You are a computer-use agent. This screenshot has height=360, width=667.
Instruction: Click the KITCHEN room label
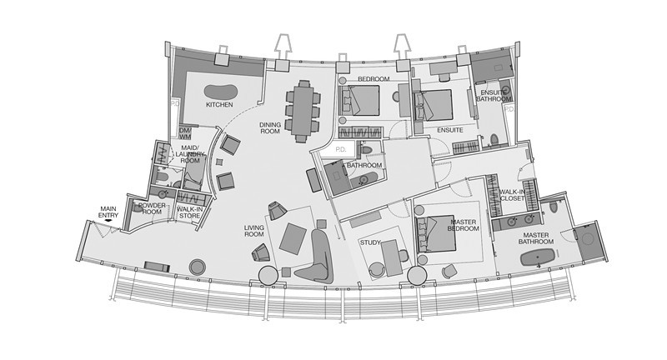click(219, 104)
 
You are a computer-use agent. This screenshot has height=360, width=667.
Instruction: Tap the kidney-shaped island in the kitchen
click(220, 91)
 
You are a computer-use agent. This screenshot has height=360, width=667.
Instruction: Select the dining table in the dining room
click(303, 111)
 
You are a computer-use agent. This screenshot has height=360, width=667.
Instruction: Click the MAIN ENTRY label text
click(108, 212)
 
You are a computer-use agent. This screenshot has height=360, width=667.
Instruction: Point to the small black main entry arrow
click(108, 221)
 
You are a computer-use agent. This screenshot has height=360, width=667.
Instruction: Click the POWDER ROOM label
click(152, 208)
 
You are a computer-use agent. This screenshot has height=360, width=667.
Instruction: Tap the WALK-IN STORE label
click(188, 212)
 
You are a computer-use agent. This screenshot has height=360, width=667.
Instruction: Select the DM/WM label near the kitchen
click(184, 133)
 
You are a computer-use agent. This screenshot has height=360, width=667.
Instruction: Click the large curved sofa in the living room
click(317, 257)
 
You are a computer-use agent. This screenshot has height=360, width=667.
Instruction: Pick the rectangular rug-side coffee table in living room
click(293, 239)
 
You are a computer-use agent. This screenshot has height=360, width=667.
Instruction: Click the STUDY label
click(370, 242)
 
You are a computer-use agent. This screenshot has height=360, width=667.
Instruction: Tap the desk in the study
click(392, 258)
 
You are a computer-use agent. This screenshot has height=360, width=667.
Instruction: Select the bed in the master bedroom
click(436, 234)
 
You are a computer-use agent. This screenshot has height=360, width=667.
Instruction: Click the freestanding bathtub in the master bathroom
click(538, 258)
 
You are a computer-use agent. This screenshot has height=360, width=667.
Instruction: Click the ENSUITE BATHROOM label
click(494, 96)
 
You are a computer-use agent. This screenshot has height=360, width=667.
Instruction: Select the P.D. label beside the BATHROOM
click(341, 150)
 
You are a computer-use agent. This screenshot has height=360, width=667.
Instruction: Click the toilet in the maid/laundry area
click(161, 176)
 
